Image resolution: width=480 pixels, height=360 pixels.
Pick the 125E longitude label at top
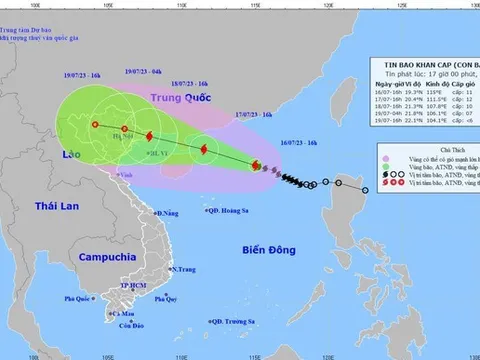(x=374, y=4)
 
